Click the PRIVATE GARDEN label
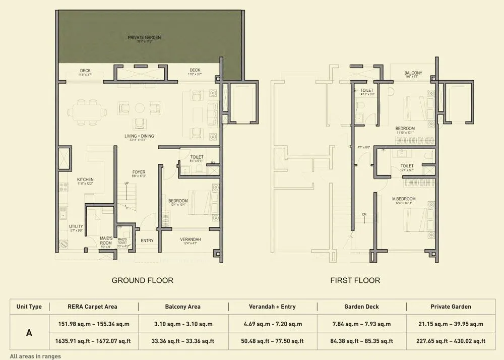145,37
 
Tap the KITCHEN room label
85,179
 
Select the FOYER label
139,172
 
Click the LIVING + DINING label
140,136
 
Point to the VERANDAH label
190,239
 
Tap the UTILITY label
76,227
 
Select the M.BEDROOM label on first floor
403,198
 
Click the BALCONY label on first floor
413,73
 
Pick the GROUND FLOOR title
142,280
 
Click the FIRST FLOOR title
355,280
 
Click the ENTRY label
147,241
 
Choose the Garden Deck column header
361,307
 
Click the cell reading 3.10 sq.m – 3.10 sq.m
182,324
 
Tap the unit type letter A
29,332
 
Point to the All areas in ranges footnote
35,356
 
